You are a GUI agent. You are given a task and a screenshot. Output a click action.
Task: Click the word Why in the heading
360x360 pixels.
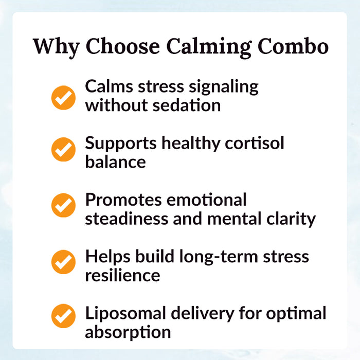(x=56, y=46)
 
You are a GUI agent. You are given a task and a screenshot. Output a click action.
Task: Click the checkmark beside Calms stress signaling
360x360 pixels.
(x=64, y=98)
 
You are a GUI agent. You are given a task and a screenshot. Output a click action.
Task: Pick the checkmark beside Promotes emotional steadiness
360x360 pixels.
(x=64, y=205)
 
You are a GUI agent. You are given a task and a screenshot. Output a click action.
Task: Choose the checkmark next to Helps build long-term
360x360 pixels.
(x=64, y=262)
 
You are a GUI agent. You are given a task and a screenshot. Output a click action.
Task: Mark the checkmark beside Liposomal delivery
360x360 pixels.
(x=64, y=316)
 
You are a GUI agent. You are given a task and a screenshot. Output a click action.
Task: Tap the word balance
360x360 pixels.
(x=115, y=162)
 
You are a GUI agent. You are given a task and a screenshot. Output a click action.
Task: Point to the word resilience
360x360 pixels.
(x=122, y=275)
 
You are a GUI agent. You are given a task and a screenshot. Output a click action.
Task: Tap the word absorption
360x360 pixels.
(x=128, y=332)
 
